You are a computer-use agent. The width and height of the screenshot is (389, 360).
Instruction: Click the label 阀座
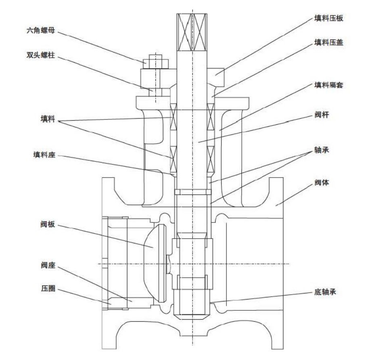(48, 266)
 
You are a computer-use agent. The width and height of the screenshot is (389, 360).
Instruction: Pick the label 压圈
(48, 289)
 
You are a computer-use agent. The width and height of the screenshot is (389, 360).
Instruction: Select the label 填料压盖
(329, 42)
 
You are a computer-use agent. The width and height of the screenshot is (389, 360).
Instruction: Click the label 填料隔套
(329, 85)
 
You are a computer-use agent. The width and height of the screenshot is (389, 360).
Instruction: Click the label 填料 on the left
(48, 120)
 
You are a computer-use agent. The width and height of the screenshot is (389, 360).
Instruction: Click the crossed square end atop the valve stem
(192, 31)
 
